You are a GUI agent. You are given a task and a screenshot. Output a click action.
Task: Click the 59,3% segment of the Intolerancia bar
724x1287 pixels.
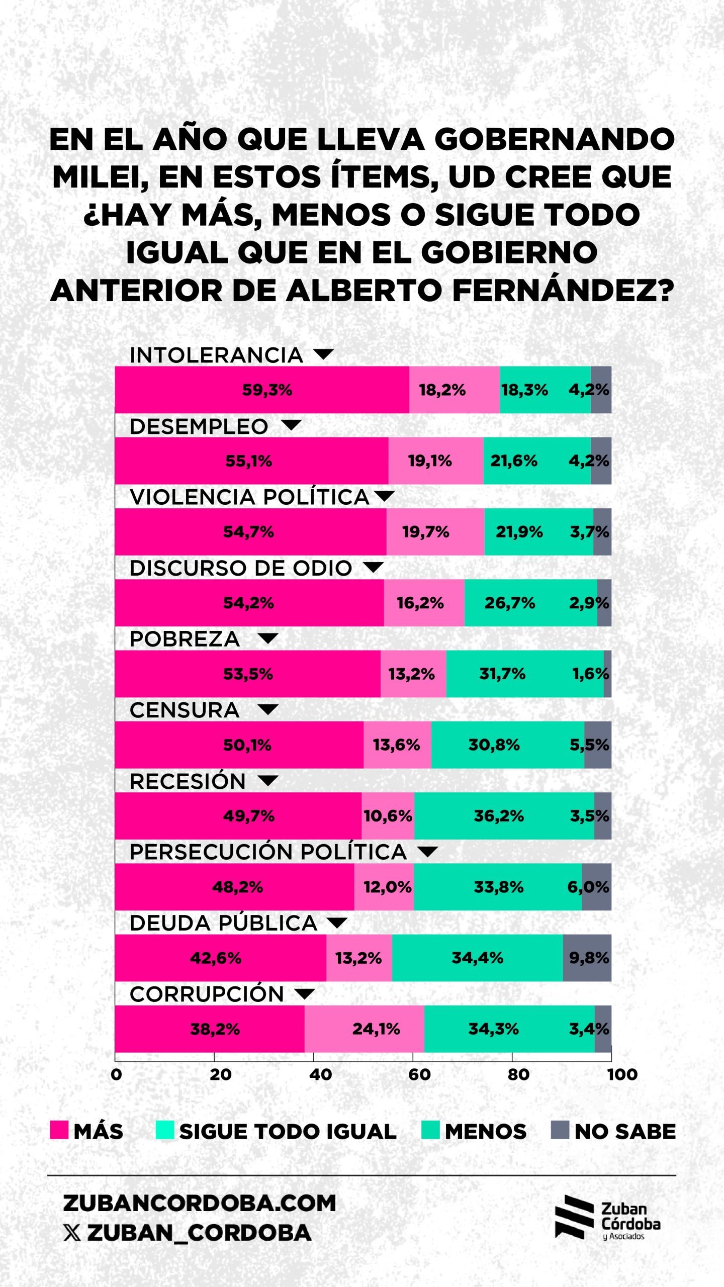click(262, 390)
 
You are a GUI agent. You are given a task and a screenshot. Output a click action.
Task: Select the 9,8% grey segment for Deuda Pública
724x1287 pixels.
click(587, 958)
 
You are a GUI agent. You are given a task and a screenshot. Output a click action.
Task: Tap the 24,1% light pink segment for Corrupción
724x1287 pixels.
click(365, 1029)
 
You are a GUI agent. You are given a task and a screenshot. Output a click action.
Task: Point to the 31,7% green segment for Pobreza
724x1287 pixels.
click(524, 674)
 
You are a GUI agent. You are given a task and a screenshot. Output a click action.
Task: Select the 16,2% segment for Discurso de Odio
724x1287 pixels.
click(424, 603)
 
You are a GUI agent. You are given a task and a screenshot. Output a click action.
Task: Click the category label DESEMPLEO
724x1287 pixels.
click(199, 426)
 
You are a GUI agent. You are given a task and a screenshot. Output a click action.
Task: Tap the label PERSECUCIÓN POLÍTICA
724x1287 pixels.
click(268, 852)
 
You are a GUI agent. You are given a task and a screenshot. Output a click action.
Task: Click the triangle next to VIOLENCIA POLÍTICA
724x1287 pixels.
click(385, 496)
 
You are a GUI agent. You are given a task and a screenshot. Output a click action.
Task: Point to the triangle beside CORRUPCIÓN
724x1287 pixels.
click(304, 993)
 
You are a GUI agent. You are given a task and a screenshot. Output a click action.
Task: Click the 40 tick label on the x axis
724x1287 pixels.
click(320, 1074)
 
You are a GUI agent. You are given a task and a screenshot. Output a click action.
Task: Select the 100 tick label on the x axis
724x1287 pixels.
click(622, 1074)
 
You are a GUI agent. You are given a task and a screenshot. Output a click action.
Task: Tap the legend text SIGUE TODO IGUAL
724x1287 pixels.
click(288, 1132)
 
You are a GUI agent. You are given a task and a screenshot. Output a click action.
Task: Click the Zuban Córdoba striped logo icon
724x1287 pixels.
click(574, 1217)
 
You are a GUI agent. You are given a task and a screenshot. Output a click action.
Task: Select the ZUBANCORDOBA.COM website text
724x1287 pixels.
click(199, 1203)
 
